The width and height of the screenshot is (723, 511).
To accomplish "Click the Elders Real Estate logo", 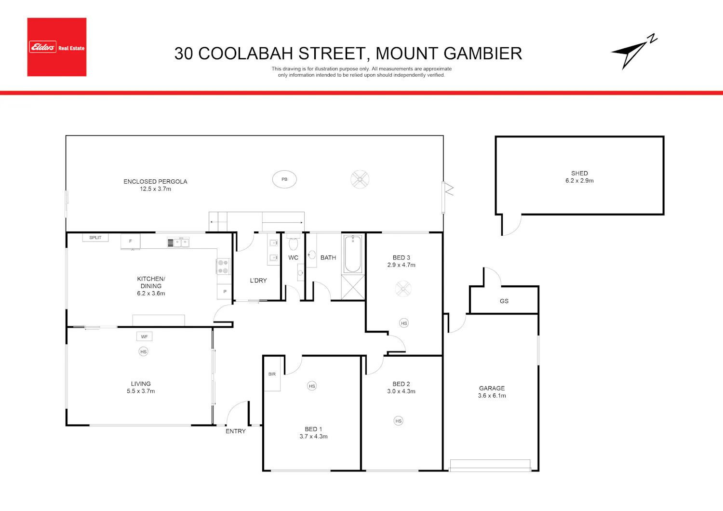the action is coord(57,47).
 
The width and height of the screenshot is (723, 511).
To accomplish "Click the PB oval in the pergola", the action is coord(284,179).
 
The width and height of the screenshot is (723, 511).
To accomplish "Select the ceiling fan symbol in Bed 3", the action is coord(403,289).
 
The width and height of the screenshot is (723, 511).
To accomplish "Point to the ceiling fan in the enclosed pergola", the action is coord(360,179).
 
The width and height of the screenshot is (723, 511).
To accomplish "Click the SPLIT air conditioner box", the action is coord(95,238).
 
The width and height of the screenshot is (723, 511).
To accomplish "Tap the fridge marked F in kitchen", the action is coord(131,242).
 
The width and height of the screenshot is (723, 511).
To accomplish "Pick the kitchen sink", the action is coord(178,242).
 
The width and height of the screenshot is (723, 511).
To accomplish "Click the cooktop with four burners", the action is coord(223,267).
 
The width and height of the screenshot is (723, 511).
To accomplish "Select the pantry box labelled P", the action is coord(224,292).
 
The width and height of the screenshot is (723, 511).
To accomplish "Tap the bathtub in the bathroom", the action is coord(352,255).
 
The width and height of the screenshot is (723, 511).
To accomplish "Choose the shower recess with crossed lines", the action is coord(353,287).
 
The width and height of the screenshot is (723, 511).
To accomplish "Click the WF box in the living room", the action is coord(144,336).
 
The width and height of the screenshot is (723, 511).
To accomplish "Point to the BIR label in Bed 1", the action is coord(272,374).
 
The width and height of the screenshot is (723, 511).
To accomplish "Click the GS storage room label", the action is coord(504,301).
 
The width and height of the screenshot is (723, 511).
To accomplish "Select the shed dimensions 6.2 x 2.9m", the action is coord(579,181).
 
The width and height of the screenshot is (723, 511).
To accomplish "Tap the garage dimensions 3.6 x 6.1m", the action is coord(492,396).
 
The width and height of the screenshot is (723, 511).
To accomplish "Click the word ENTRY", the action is coord(236,431).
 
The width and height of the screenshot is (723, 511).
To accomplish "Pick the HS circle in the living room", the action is coord(143,351).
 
